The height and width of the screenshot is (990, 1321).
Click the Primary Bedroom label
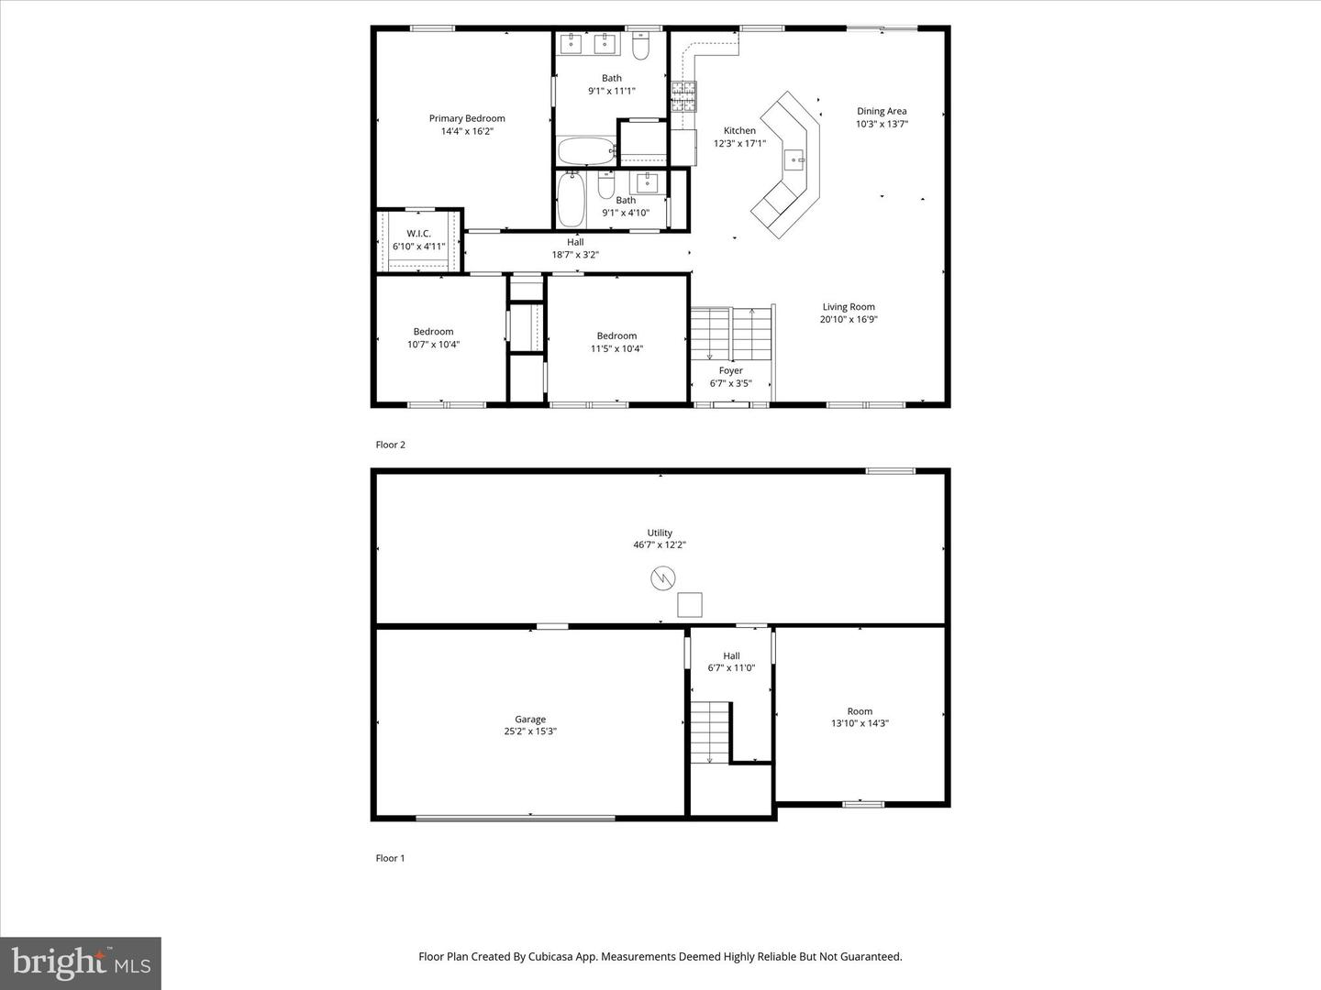point(467,118)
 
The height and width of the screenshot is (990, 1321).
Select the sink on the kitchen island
point(794,160)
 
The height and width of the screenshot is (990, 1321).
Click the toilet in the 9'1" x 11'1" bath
point(641,43)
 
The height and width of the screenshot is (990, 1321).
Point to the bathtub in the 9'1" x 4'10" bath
point(571,199)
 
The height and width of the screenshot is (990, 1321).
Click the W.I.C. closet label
point(418,234)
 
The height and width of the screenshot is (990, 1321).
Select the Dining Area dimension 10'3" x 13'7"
point(882,124)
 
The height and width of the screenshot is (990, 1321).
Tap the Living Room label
point(848,307)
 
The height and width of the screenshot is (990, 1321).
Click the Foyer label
point(730,370)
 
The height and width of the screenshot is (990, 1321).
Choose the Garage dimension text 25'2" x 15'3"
point(529,731)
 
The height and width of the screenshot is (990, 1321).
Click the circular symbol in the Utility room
point(662,578)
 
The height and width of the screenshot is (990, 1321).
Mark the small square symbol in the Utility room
point(689,605)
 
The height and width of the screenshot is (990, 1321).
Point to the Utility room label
point(660,533)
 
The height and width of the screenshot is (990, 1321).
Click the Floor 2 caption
point(390,445)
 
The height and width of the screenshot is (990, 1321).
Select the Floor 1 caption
point(390,858)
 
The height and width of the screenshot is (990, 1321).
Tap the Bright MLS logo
point(80,962)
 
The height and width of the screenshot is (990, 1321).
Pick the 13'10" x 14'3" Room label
point(860,711)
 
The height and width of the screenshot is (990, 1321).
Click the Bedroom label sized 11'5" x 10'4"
point(616,335)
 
